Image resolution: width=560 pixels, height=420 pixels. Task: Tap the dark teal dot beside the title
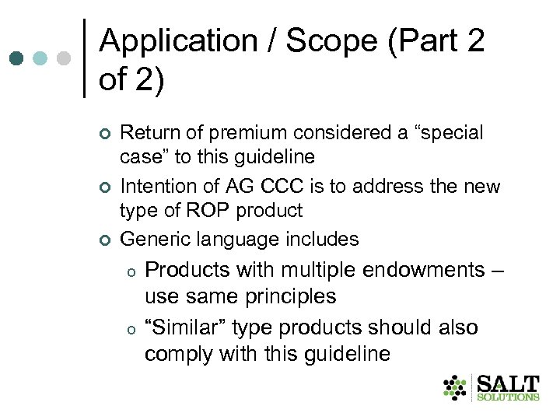click(16, 58)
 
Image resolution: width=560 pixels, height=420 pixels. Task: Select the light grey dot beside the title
click(65, 58)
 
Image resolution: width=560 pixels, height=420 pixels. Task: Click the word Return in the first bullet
click(147, 134)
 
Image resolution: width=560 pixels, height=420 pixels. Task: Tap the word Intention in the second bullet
click(155, 187)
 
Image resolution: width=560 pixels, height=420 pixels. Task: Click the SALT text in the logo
click(508, 384)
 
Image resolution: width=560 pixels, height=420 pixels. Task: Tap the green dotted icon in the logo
click(456, 387)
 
